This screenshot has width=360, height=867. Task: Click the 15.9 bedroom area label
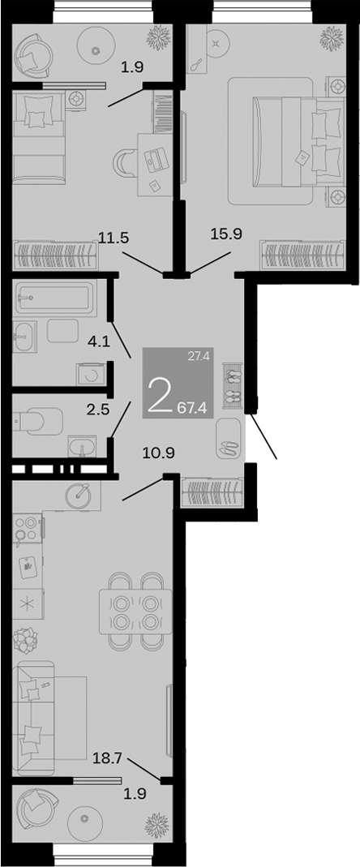[x=227, y=234]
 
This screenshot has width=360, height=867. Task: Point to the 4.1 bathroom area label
[x=100, y=342]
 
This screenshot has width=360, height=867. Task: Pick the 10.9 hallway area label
[x=159, y=453]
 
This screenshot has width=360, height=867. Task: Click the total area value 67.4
[x=192, y=408]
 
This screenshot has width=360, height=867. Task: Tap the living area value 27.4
[x=197, y=357]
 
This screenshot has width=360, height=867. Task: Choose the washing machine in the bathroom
[x=89, y=375]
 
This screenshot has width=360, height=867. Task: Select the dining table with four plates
[x=135, y=611]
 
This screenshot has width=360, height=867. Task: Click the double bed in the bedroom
[x=299, y=142]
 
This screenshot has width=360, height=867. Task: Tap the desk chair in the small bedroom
[x=123, y=164]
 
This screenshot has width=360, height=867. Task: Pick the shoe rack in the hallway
[x=232, y=385]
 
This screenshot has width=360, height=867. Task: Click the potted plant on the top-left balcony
[x=157, y=37]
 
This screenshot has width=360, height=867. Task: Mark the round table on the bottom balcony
[x=84, y=818]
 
